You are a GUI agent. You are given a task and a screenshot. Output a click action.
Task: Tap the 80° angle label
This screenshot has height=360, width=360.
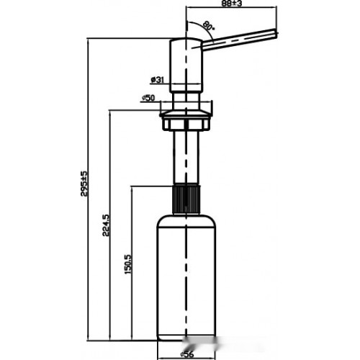208,26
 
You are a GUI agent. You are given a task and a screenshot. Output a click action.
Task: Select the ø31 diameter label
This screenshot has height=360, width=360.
157,79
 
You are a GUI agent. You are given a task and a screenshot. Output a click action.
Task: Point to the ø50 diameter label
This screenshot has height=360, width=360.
148,98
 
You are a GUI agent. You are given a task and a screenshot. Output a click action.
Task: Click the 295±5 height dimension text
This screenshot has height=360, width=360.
84,184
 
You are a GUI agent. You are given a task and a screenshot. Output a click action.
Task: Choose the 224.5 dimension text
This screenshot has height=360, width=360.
106,225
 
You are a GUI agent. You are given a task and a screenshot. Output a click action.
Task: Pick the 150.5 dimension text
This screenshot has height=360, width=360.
127,264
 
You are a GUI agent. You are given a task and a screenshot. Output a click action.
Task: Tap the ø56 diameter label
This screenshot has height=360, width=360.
187,354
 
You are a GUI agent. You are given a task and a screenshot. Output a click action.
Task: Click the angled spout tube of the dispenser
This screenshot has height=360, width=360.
240,40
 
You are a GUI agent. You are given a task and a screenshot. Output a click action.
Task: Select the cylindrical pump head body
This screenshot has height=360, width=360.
186,65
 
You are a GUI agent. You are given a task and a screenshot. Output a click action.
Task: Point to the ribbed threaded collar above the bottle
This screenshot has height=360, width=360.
186,199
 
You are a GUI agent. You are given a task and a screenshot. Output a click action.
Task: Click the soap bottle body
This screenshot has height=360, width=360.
186,277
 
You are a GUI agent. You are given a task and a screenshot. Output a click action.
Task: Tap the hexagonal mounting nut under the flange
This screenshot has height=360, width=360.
186,124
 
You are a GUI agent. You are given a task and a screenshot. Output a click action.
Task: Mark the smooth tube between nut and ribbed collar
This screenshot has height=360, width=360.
186,158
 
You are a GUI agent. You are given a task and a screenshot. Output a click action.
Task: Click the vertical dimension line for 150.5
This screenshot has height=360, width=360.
132,263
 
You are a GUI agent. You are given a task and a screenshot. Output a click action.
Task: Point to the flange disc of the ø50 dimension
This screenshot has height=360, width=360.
186,114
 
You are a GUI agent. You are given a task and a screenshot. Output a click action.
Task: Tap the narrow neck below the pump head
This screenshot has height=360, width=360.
186,102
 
